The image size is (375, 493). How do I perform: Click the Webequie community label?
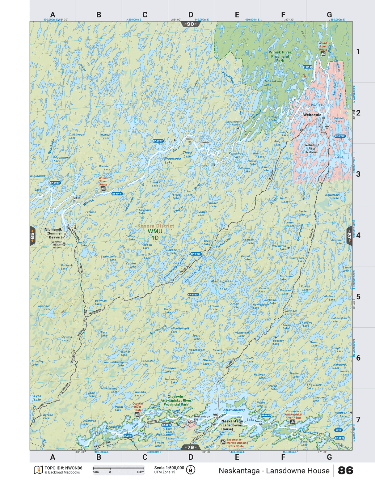[312, 115]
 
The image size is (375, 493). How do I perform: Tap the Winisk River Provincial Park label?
[280, 56]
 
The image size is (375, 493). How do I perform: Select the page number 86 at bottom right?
[345, 470]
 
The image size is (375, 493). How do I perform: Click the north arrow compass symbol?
[191, 470]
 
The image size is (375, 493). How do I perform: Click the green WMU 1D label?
[155, 234]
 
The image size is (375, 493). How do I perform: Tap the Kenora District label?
[156, 226]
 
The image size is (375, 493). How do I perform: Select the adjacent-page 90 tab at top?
[191, 24]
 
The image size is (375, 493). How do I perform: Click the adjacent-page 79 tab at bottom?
[191, 447]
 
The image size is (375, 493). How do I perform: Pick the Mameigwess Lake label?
[222, 285]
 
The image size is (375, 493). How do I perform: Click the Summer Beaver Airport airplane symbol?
[64, 244]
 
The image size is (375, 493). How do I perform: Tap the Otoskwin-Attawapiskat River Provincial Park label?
[176, 400]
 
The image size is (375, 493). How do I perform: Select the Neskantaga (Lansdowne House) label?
[232, 425]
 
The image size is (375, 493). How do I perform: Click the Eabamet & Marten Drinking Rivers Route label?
[237, 443]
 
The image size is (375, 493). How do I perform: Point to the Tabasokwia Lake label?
[273, 83]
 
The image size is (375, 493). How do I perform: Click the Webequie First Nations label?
[312, 148]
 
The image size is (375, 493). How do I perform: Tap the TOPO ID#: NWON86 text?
[63, 468]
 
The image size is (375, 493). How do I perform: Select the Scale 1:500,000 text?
[169, 468]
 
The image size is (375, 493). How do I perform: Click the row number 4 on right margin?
[358, 235]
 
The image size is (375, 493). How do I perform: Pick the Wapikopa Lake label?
[173, 160]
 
